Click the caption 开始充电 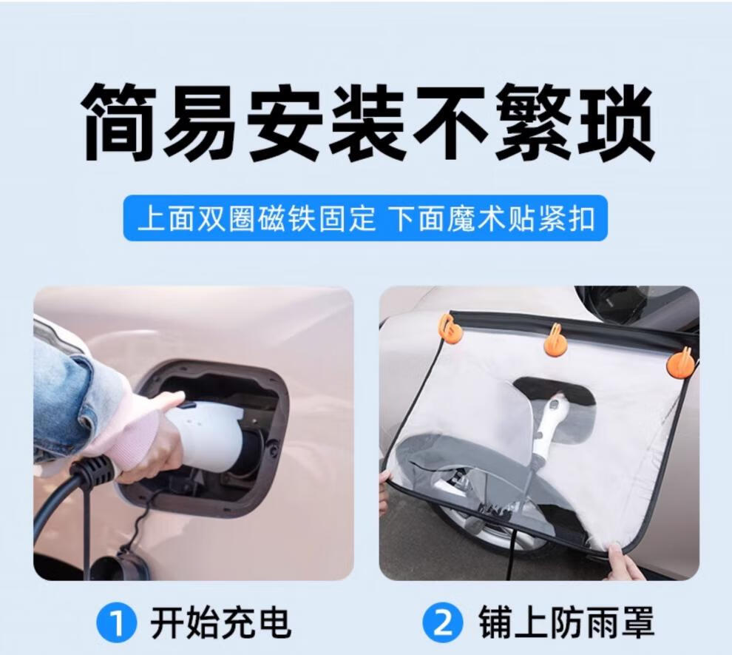point(220,622)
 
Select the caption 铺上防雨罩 point(566,622)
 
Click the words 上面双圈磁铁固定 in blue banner point(257,218)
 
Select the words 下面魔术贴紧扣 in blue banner point(495,218)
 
